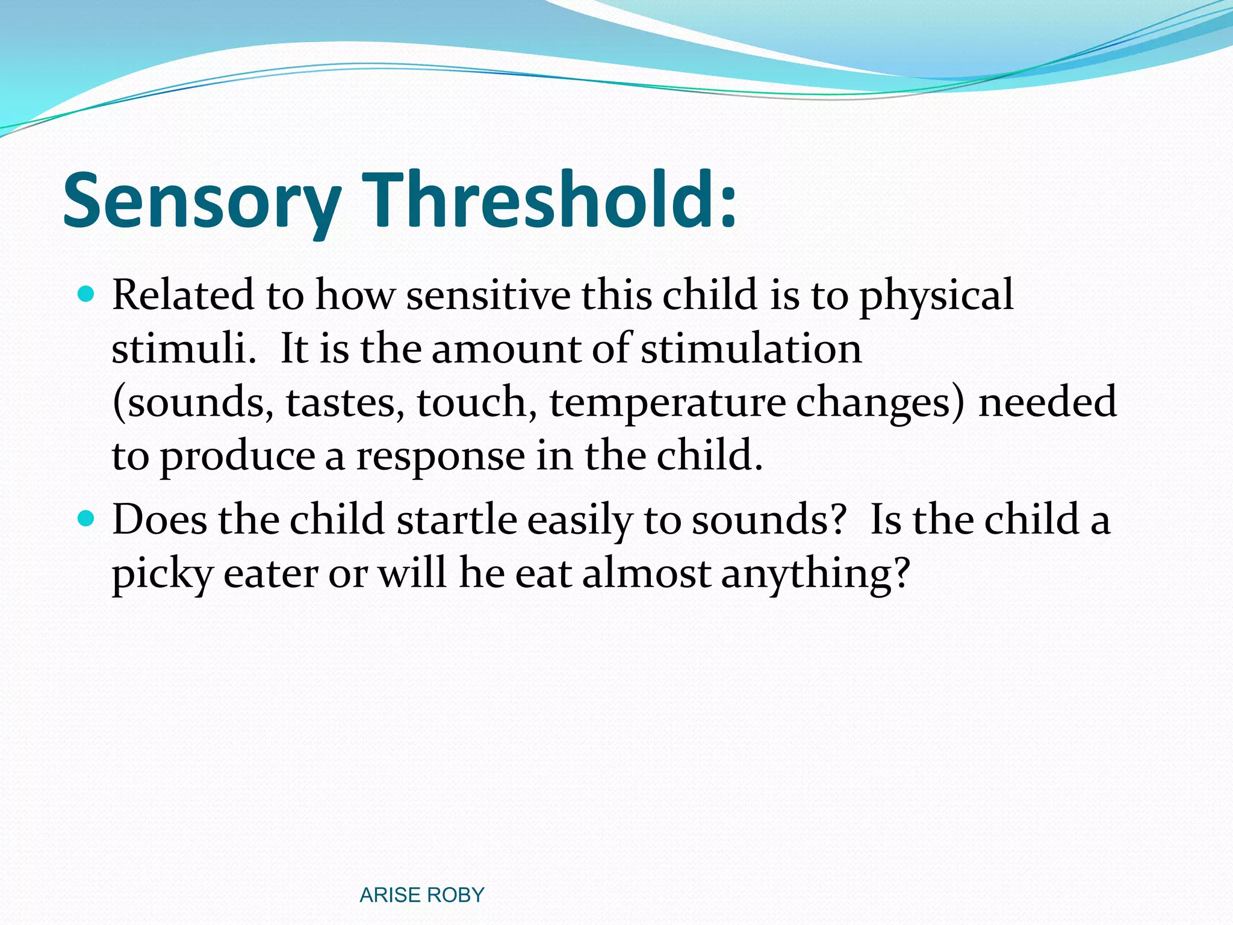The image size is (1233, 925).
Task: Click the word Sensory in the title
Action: click(x=202, y=202)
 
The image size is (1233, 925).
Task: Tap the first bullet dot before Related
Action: click(x=87, y=294)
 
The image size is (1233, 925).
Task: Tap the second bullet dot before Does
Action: click(x=87, y=518)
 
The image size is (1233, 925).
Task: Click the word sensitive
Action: click(x=488, y=295)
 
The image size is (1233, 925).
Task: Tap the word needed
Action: click(x=1048, y=402)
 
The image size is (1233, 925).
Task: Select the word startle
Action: click(x=457, y=519)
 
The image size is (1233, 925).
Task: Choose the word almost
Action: click(x=647, y=573)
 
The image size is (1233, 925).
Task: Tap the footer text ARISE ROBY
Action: click(x=421, y=895)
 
